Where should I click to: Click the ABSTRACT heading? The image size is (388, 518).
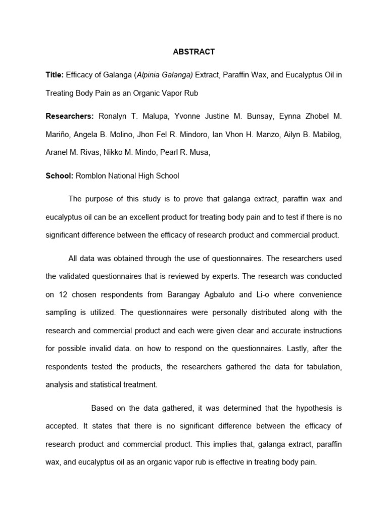pyautogui.click(x=194, y=52)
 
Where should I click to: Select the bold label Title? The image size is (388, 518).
pyautogui.click(x=54, y=75)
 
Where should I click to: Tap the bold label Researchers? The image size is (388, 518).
pyautogui.click(x=70, y=116)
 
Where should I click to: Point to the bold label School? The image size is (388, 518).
pyautogui.click(x=60, y=176)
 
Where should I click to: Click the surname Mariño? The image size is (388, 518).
pyautogui.click(x=59, y=135)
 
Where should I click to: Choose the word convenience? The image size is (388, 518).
pyautogui.click(x=321, y=294)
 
